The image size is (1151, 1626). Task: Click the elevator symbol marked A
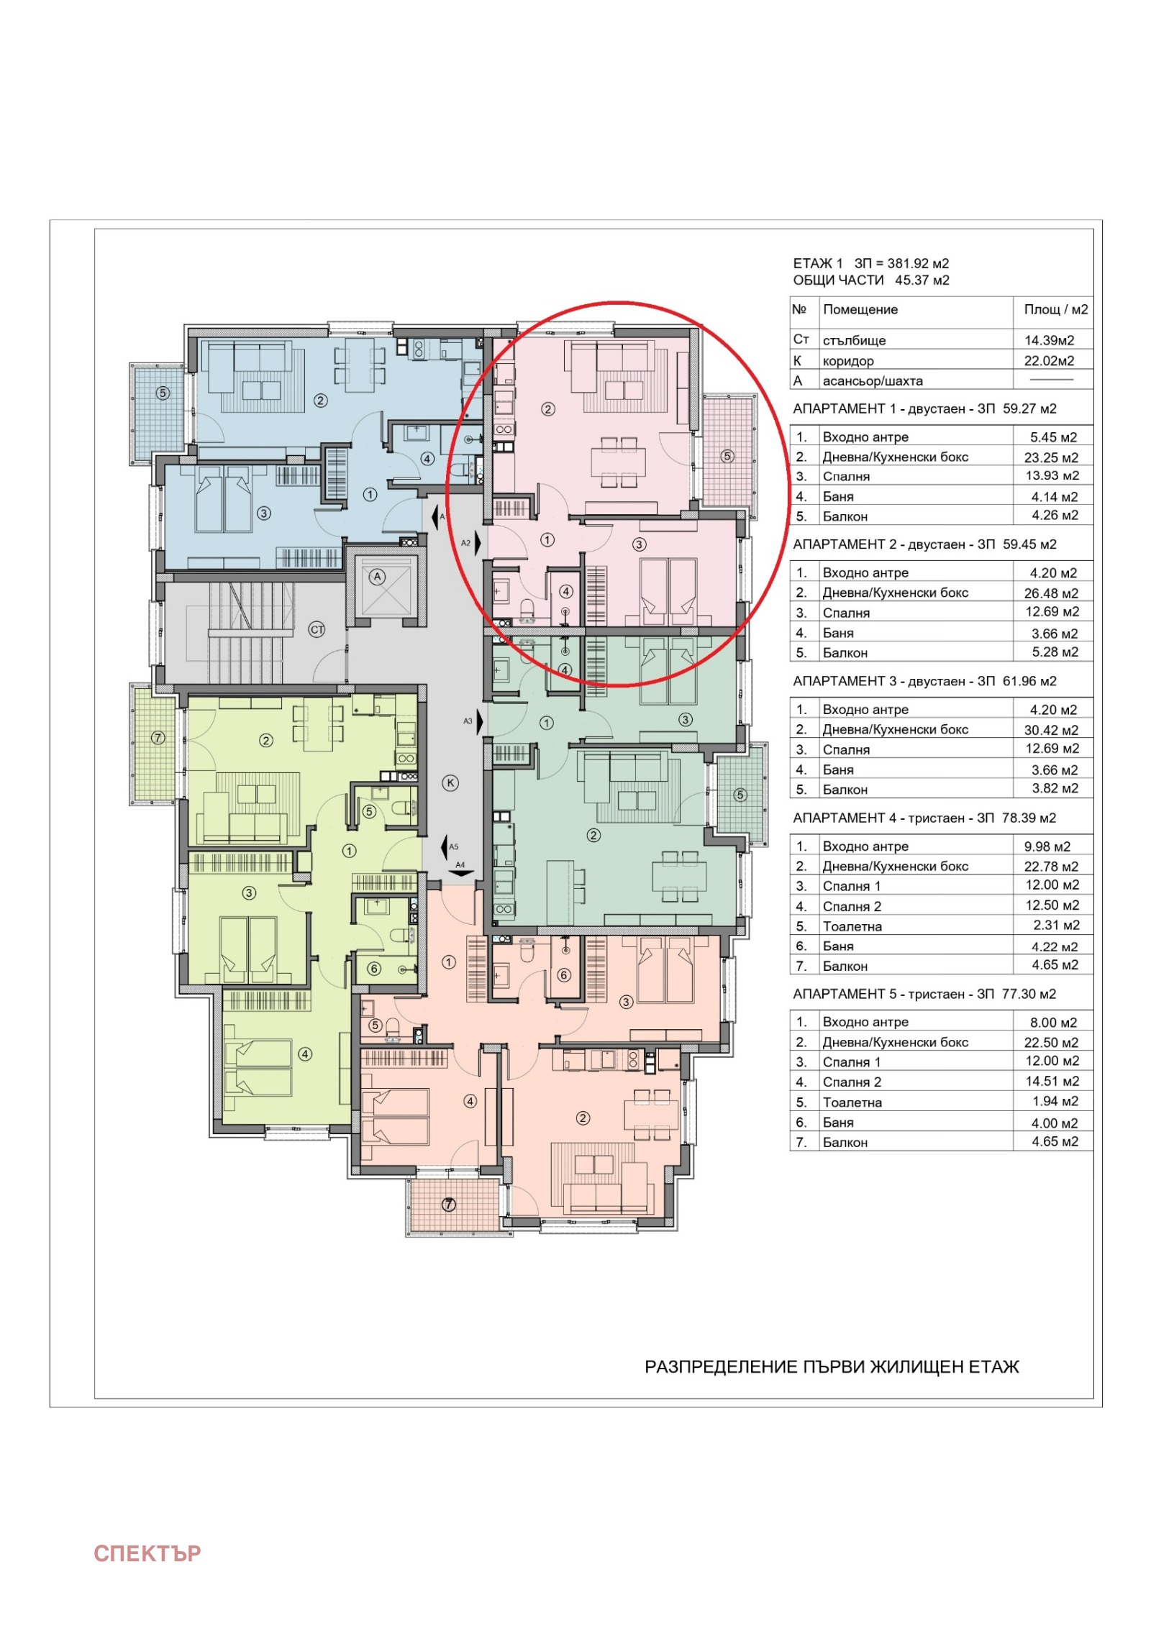377,577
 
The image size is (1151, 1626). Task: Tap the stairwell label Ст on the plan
317,629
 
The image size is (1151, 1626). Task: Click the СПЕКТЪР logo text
147,1553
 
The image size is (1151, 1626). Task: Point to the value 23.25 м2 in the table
1050,457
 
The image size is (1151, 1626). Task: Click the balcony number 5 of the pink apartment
727,456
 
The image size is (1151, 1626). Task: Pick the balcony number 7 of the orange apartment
449,1204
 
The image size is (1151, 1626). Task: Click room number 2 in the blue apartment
321,401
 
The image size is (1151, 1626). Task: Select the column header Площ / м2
1055,309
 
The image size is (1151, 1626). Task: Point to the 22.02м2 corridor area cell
1049,360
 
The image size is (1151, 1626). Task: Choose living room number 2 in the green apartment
593,835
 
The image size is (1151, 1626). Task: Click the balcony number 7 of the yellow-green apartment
158,738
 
